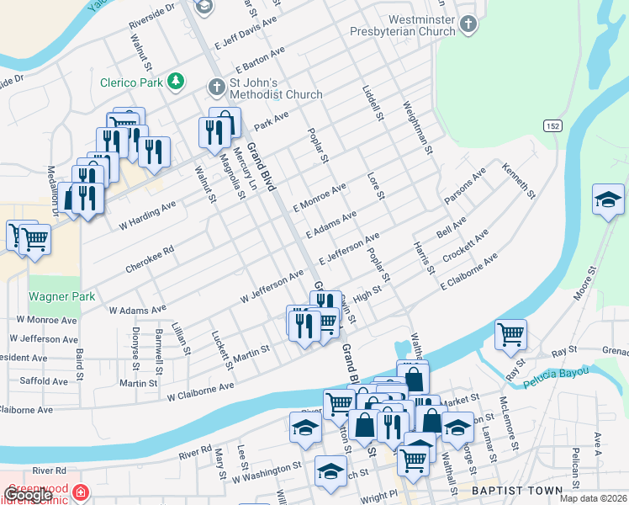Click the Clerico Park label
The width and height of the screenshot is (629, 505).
point(130,82)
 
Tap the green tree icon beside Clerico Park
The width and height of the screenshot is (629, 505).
point(176,82)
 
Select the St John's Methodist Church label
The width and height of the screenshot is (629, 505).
point(265,88)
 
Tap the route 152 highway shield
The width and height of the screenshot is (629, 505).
point(552,125)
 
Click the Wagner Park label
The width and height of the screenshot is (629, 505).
point(61,297)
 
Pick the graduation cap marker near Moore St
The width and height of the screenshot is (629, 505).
point(608,200)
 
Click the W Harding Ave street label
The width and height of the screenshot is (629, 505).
point(147,215)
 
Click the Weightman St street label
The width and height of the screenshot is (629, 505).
point(418,127)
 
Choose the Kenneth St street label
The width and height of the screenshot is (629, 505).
point(518,180)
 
